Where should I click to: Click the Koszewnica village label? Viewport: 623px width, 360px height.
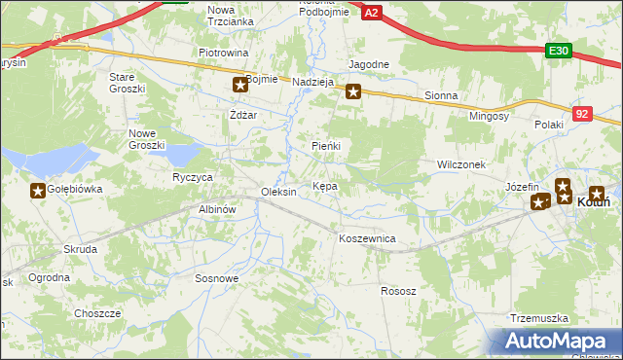click(x=366, y=238)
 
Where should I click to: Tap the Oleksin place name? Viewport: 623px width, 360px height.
click(x=278, y=192)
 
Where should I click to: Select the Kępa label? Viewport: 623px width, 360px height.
click(x=325, y=186)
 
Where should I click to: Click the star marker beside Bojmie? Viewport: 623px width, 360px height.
click(x=239, y=86)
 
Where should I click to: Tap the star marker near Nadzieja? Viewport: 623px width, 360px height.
click(x=353, y=92)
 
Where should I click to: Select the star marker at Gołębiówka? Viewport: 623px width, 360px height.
click(x=38, y=191)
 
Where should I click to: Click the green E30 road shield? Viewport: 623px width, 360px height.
click(x=558, y=52)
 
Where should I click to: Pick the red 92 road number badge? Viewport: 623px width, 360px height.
click(x=582, y=114)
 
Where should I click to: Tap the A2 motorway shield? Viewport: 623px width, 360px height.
click(x=371, y=12)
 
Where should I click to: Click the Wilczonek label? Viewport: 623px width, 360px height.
click(x=461, y=165)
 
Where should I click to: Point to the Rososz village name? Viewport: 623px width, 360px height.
click(x=398, y=291)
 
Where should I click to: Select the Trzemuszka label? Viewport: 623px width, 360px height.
click(x=538, y=318)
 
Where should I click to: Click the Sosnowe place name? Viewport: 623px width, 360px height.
click(x=217, y=278)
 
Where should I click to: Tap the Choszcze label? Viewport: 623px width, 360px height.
click(x=97, y=313)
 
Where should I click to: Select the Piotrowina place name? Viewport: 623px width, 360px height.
click(x=224, y=53)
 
